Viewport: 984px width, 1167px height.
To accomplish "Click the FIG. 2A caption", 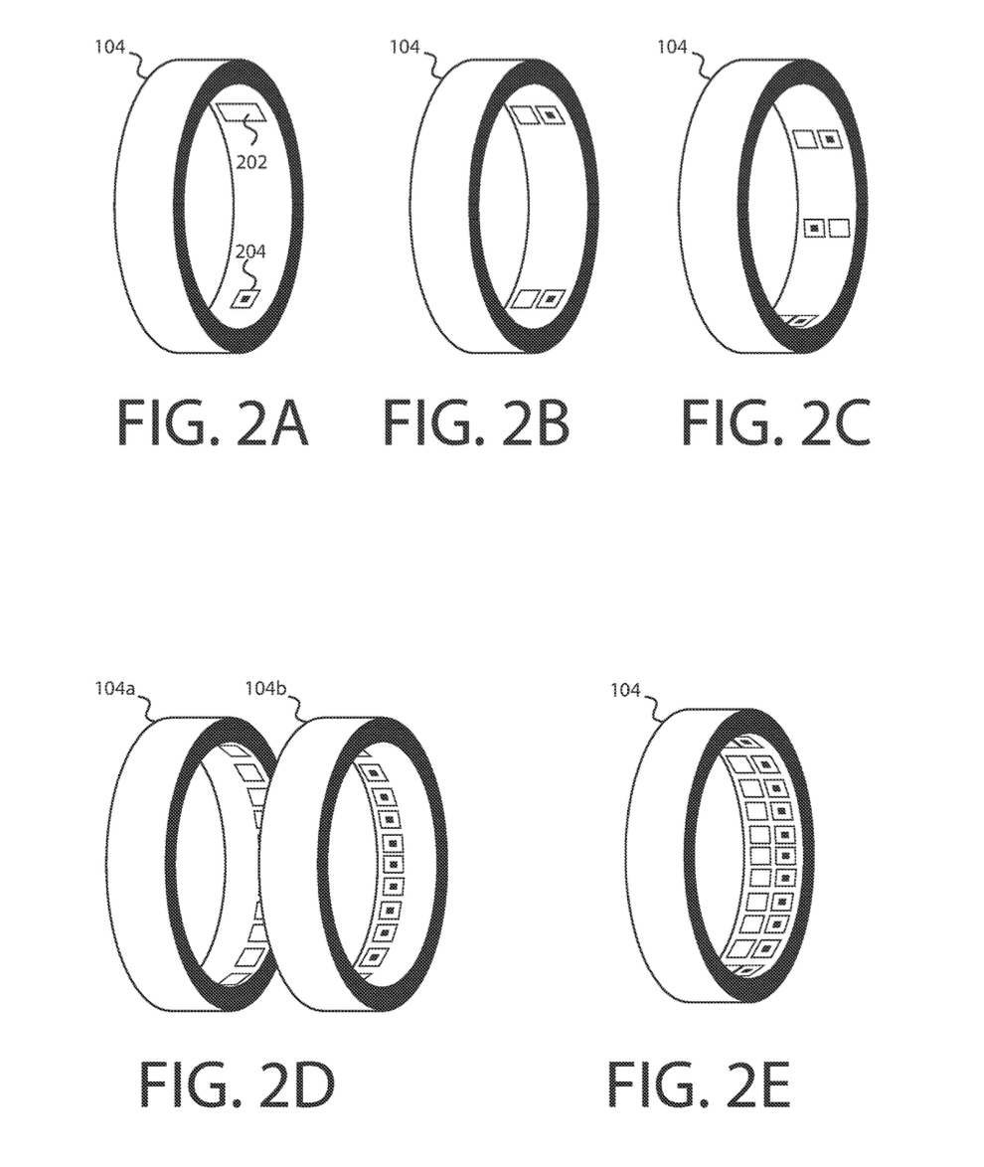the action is (213, 422).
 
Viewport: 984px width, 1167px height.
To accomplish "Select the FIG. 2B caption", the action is (476, 422).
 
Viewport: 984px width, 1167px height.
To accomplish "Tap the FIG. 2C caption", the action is (775, 422).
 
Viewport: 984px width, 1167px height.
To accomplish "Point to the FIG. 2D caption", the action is (237, 1084).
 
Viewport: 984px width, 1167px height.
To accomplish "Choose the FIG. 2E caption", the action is (698, 1084).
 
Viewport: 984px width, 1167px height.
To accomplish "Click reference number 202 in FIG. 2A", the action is (251, 161).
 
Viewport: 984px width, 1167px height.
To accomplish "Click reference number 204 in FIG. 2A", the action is (250, 252).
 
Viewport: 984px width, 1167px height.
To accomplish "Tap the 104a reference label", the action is (114, 689).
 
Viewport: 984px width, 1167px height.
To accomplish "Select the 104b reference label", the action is (265, 689).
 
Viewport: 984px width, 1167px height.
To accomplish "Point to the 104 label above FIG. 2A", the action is (109, 47).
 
